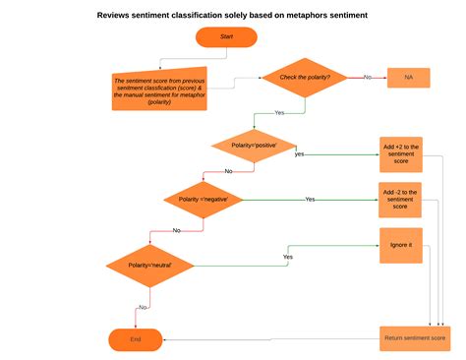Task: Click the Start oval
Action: coord(226,37)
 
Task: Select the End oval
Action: coord(136,339)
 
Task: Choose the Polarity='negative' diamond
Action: coord(204,199)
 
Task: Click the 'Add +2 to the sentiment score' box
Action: coord(400,154)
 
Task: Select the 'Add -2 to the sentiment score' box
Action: coord(400,199)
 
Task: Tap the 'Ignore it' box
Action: coord(400,245)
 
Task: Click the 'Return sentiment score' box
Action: coord(413,339)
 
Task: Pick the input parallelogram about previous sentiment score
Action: coord(159,90)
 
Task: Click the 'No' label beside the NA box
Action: coord(368,77)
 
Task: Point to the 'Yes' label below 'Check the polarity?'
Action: coord(279,112)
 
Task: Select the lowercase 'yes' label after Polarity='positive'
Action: coord(299,154)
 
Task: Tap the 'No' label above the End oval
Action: coord(143,307)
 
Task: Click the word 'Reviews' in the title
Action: coord(117,15)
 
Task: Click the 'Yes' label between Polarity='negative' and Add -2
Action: coord(310,200)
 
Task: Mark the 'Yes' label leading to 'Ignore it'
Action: coord(288,257)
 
